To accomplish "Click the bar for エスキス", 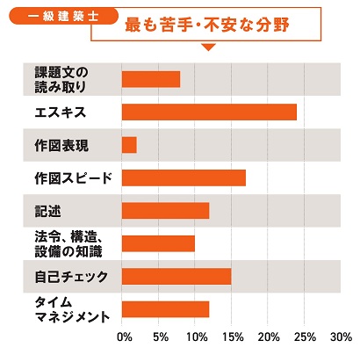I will click(x=209, y=112).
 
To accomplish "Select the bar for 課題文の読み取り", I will click(x=151, y=79).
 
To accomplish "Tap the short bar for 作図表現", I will click(x=129, y=145).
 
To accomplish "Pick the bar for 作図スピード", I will click(x=184, y=177).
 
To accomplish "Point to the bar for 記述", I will click(x=165, y=211).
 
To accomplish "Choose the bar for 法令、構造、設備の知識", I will click(x=158, y=243).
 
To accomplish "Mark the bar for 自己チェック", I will click(x=176, y=277).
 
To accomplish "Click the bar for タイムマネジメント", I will click(x=165, y=309).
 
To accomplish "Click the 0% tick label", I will click(x=125, y=337).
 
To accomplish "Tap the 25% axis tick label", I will click(x=306, y=337).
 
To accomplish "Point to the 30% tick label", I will click(x=341, y=337).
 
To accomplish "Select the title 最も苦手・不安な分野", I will click(x=208, y=24).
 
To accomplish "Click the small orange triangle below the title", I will click(x=208, y=47).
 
